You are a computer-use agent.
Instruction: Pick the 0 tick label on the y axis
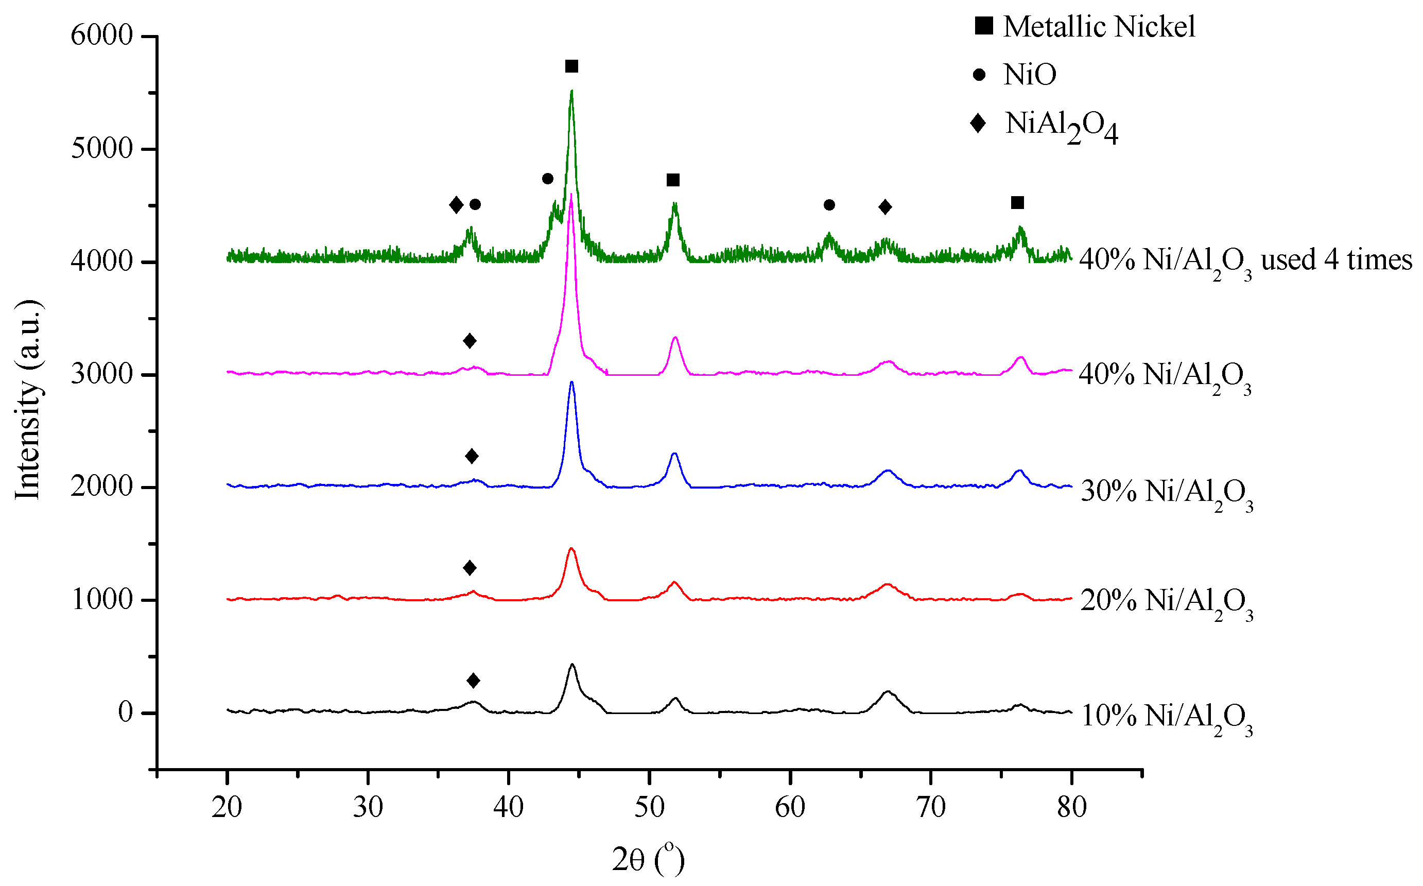(126, 713)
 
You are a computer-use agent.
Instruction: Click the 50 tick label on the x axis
(649, 807)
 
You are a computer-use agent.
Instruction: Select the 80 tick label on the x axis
(1071, 807)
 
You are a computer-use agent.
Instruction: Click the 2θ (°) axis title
(648, 860)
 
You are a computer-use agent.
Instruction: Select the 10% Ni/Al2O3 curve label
(1166, 717)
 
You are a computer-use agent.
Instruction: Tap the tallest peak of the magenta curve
(571, 196)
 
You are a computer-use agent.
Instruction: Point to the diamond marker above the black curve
(473, 680)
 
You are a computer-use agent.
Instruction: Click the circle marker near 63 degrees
(829, 205)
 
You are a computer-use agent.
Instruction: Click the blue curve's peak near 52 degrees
(674, 454)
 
